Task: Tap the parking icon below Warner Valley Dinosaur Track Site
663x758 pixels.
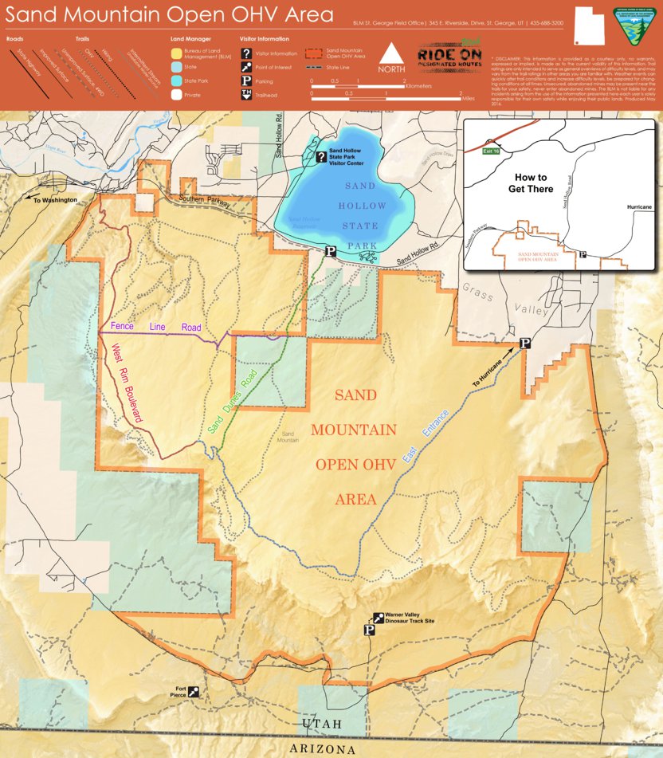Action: pyautogui.click(x=369, y=630)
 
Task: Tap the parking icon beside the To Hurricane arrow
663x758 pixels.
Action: pyautogui.click(x=525, y=343)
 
